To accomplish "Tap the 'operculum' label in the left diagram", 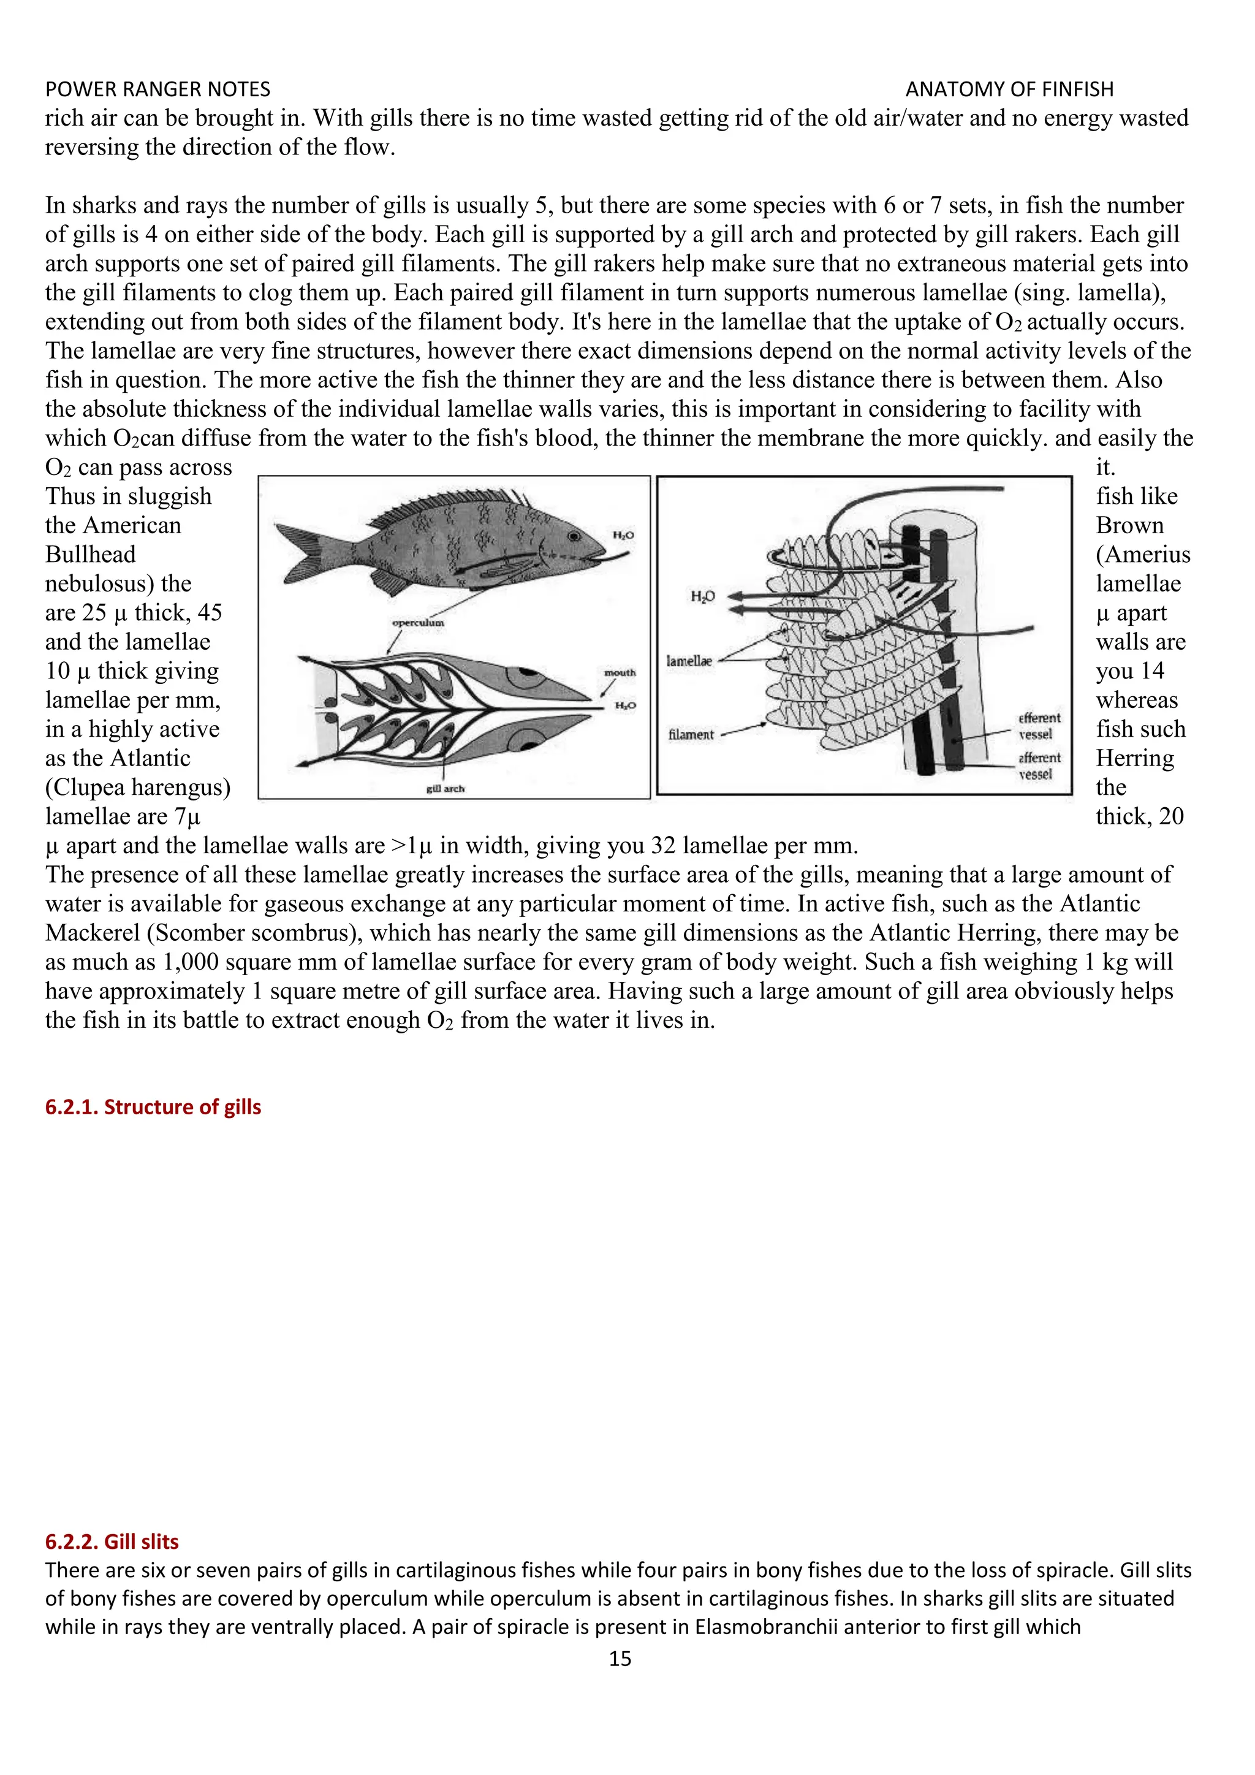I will [417, 622].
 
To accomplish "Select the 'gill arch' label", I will [445, 789].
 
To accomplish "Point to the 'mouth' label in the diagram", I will [620, 672].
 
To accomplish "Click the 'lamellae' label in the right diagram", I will [689, 661].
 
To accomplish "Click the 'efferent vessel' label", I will [1039, 726].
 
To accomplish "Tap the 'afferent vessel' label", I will [1039, 766].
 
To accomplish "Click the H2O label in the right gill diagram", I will [702, 596].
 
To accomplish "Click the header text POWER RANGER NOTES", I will [157, 89].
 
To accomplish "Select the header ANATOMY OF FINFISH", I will [1009, 89].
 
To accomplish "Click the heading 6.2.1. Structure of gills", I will [153, 1107].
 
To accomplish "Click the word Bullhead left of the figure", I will [91, 554].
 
